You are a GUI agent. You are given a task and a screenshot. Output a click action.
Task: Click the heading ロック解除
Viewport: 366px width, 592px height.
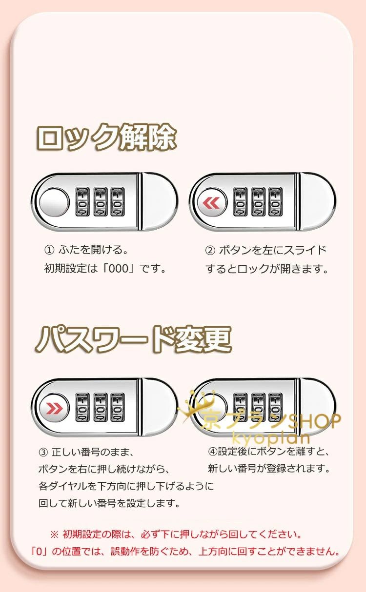tap(106, 138)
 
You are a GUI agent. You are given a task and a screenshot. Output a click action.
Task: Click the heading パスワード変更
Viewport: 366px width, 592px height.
tap(134, 340)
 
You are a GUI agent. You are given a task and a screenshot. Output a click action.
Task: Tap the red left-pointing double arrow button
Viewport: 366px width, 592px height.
tap(211, 203)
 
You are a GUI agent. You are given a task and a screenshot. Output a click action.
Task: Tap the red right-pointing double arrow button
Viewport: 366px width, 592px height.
tap(54, 409)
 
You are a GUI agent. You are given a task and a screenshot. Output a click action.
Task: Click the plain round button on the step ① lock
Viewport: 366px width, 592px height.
tap(54, 202)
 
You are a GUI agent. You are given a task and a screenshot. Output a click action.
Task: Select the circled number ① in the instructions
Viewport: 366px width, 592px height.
tap(49, 250)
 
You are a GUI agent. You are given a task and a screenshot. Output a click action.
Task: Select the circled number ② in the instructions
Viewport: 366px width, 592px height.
tap(210, 250)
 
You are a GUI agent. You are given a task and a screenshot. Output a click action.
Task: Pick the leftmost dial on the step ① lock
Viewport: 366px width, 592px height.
tap(82, 202)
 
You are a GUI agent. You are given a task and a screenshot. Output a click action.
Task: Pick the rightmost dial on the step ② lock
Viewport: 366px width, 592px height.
tap(275, 202)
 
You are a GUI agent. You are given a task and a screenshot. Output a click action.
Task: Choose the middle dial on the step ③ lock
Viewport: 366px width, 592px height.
tap(100, 408)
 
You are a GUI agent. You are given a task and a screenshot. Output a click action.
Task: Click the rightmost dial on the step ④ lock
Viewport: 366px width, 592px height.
tap(275, 408)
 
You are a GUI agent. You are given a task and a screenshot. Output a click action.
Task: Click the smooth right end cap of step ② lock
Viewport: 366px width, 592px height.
tap(318, 202)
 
